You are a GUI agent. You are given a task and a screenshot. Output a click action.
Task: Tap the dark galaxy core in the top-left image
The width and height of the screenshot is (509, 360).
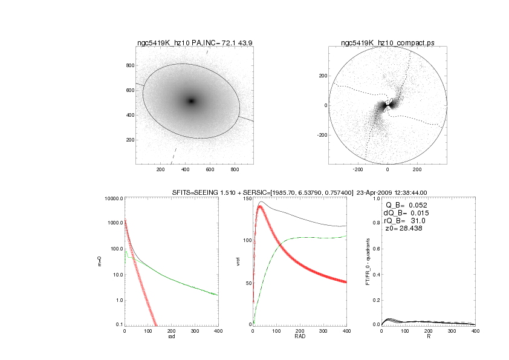pos(191,101)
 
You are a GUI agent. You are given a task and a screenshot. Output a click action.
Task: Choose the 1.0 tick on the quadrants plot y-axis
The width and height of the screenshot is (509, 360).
pos(375,198)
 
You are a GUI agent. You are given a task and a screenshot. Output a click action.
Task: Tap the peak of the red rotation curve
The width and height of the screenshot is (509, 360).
pos(261,206)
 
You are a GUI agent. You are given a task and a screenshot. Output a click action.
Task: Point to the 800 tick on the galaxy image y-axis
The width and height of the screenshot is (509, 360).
pos(129,65)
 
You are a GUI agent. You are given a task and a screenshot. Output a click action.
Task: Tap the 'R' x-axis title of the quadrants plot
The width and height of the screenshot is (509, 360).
pos(428,336)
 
